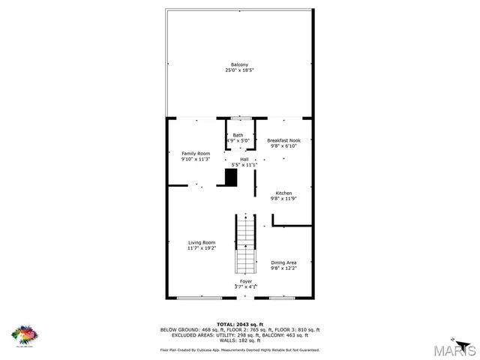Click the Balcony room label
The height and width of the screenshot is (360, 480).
click(240, 64)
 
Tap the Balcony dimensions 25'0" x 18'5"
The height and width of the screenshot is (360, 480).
click(240, 70)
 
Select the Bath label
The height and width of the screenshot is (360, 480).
click(238, 134)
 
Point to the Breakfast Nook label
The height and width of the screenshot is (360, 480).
click(283, 140)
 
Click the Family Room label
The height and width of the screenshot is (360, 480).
click(195, 153)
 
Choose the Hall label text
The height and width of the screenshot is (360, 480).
click(244, 159)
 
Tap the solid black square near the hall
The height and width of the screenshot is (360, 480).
click(231, 178)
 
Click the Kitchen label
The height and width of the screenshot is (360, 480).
click(283, 192)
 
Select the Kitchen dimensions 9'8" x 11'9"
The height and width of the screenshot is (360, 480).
click(283, 198)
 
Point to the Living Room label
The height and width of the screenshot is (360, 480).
click(202, 242)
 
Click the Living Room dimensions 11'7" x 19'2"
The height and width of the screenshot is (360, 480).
click(202, 248)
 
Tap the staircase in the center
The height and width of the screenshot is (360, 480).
click(246, 244)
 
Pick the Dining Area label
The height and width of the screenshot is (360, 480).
click(283, 262)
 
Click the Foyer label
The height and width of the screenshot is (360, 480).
click(245, 280)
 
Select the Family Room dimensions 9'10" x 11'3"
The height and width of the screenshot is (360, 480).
click(195, 159)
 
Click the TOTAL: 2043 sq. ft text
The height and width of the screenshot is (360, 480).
click(240, 324)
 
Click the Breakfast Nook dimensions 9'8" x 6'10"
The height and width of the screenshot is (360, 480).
click(283, 146)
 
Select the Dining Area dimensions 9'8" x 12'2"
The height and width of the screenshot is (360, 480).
click(283, 268)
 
